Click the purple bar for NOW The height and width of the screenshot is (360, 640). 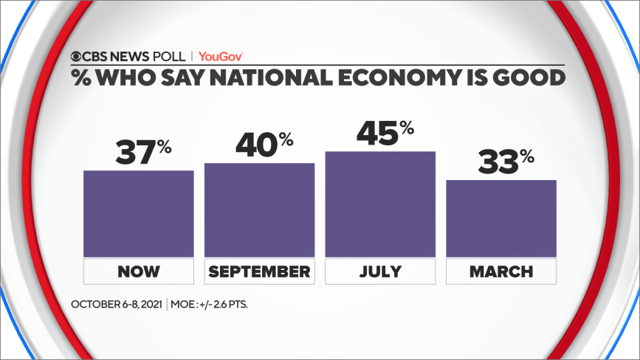point(139,214)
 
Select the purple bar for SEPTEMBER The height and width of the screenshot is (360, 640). point(259,210)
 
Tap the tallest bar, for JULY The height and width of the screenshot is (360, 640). point(380,204)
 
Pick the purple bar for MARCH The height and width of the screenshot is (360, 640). point(501,218)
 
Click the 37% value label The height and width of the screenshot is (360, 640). point(143,151)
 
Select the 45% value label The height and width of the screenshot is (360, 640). point(385,133)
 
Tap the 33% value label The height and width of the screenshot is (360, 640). point(506,162)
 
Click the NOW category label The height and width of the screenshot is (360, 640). point(139,271)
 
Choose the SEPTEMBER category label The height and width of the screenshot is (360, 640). point(259,271)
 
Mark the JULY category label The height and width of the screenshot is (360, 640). point(380,271)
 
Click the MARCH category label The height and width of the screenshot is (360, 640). point(501,271)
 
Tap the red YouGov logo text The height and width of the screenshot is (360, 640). point(221,56)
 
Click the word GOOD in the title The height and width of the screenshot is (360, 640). point(531,76)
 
